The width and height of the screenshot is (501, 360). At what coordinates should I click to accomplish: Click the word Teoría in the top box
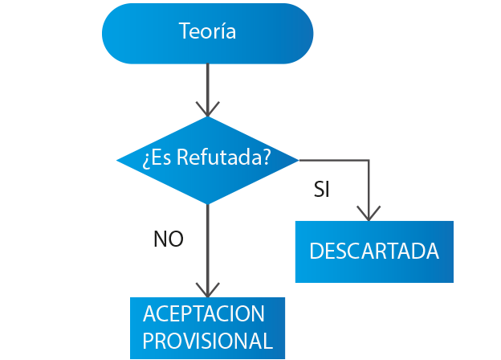[x=207, y=32]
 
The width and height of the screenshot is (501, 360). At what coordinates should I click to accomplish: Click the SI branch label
[x=322, y=190]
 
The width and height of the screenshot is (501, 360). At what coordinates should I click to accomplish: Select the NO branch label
[x=168, y=239]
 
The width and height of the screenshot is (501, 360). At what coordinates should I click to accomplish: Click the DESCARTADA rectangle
[x=374, y=252]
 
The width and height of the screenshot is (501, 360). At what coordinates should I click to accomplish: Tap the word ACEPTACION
[x=203, y=313]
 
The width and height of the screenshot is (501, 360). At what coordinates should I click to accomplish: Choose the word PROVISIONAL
[x=207, y=340]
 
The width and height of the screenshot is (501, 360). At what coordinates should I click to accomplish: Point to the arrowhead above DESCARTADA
[x=369, y=213]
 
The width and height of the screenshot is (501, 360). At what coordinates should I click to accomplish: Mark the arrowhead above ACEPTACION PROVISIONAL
[x=207, y=289]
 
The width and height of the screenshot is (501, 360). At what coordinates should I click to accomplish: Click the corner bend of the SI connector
[x=369, y=160]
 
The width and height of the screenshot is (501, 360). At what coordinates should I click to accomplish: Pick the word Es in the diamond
[x=161, y=158]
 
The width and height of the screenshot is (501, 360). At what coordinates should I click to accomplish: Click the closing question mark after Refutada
[x=265, y=158]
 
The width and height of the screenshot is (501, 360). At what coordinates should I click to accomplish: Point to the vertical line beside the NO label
[x=207, y=241]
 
